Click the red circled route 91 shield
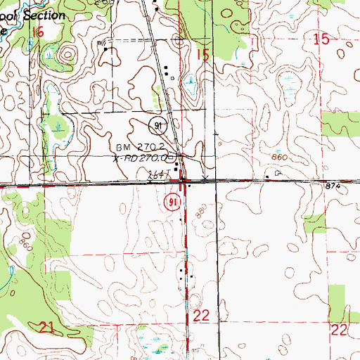pyautogui.click(x=172, y=202)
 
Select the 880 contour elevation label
pyautogui.click(x=202, y=210)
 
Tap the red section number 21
pyautogui.click(x=47, y=327)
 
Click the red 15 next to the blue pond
pyautogui.click(x=203, y=55)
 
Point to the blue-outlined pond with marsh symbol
pyautogui.click(x=190, y=86)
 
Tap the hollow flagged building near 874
pyautogui.click(x=278, y=172)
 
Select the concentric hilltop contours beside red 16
pyautogui.click(x=68, y=53)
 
